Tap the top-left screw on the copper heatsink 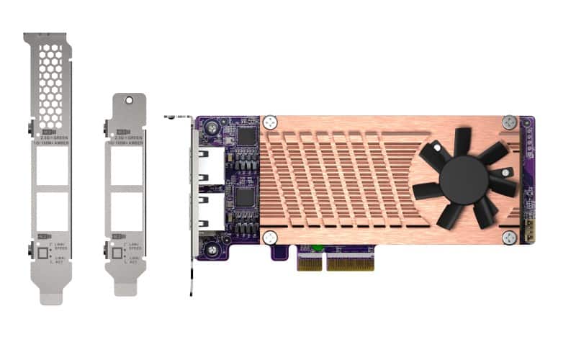270,123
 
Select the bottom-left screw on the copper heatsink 270,236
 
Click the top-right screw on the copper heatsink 509,122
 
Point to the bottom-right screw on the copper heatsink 510,237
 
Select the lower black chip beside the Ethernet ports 246,197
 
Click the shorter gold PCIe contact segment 310,263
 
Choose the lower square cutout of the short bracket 127,212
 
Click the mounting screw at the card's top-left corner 212,127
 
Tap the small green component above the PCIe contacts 315,250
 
